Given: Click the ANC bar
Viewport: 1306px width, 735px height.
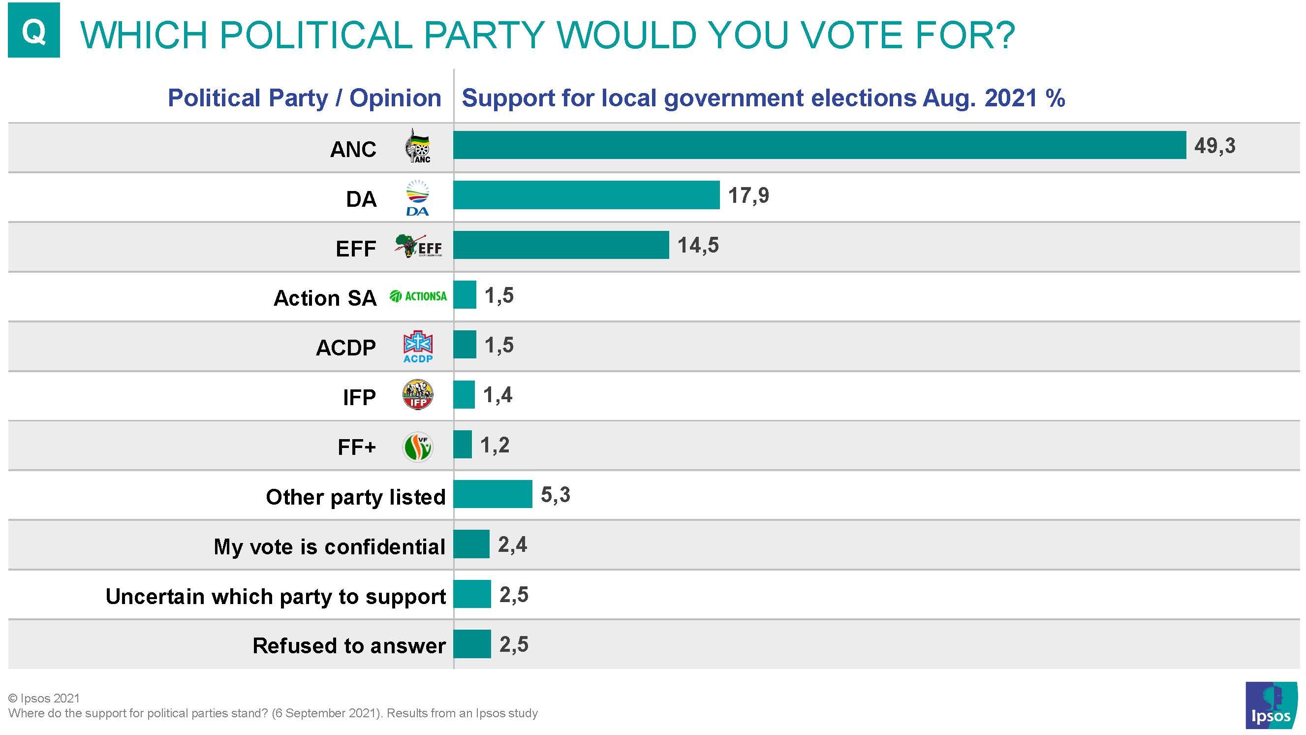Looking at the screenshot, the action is point(819,145).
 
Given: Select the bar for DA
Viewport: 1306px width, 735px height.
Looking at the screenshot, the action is point(586,195).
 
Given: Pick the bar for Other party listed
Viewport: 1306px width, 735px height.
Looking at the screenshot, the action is point(492,494).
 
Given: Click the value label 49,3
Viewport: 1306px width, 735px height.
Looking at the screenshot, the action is point(1215,146).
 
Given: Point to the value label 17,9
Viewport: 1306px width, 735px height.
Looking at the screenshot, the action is point(748,196).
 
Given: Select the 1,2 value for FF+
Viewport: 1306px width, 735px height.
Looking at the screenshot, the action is point(495,446).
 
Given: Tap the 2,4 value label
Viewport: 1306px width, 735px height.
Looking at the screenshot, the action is point(512,545).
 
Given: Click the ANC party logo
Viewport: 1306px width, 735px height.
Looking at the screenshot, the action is point(418,146).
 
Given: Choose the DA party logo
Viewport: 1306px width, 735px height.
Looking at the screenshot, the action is point(417,198).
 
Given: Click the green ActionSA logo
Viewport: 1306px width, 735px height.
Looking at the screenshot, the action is point(418,296).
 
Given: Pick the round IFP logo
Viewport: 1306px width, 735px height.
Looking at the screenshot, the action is point(418,395).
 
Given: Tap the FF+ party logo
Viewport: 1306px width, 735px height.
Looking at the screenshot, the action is point(418,447).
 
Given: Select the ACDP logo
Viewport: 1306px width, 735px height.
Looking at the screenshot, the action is point(418,347).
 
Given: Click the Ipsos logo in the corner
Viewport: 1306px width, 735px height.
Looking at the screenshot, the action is point(1271,705).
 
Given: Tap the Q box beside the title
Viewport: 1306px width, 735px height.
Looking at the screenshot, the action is point(34,30).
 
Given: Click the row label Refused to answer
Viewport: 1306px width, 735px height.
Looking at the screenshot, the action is point(349,646).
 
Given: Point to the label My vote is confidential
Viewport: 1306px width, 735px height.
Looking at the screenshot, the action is point(330,547).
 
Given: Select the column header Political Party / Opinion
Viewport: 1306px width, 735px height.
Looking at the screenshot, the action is point(304,98).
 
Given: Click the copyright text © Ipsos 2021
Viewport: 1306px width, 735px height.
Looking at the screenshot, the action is point(44,699).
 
